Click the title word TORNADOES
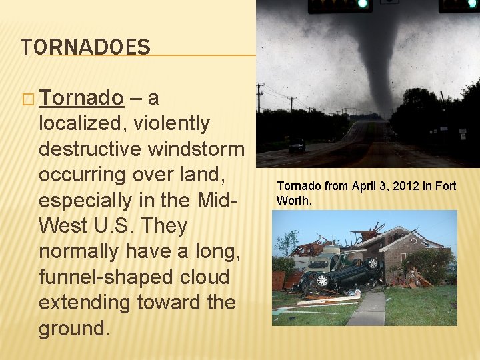pyautogui.click(x=85, y=47)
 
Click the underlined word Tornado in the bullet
pyautogui.click(x=81, y=98)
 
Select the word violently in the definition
pyautogui.click(x=171, y=123)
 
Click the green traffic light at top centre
pyautogui.click(x=363, y=4)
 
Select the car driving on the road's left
pyautogui.click(x=297, y=145)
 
